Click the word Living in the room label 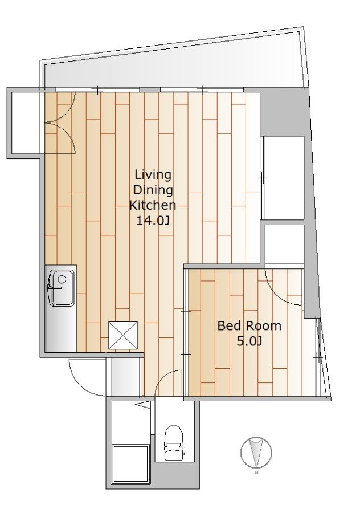point(153,175)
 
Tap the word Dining point(153,190)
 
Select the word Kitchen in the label point(153,205)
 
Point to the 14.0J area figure point(153,221)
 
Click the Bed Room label point(249,326)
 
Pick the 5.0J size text point(249,341)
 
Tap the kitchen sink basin point(61,288)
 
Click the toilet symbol point(173,442)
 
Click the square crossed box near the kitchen point(123,335)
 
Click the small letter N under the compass point(256,473)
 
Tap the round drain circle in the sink point(62,279)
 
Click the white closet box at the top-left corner point(26,123)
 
